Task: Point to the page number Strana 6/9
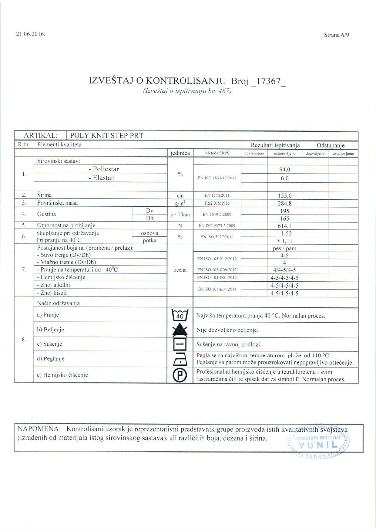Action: [336, 35]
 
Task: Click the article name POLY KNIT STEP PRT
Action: [107, 135]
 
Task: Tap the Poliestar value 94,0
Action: [284, 170]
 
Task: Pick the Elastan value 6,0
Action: [284, 178]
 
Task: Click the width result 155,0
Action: [284, 196]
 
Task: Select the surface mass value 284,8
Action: [284, 203]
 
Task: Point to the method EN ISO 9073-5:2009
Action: [217, 225]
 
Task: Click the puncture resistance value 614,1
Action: [284, 226]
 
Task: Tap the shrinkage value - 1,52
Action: [284, 233]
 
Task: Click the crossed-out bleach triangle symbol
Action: [180, 330]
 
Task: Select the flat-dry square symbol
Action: [180, 344]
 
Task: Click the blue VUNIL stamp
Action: [318, 443]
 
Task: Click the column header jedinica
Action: [180, 153]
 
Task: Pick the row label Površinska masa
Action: [57, 203]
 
